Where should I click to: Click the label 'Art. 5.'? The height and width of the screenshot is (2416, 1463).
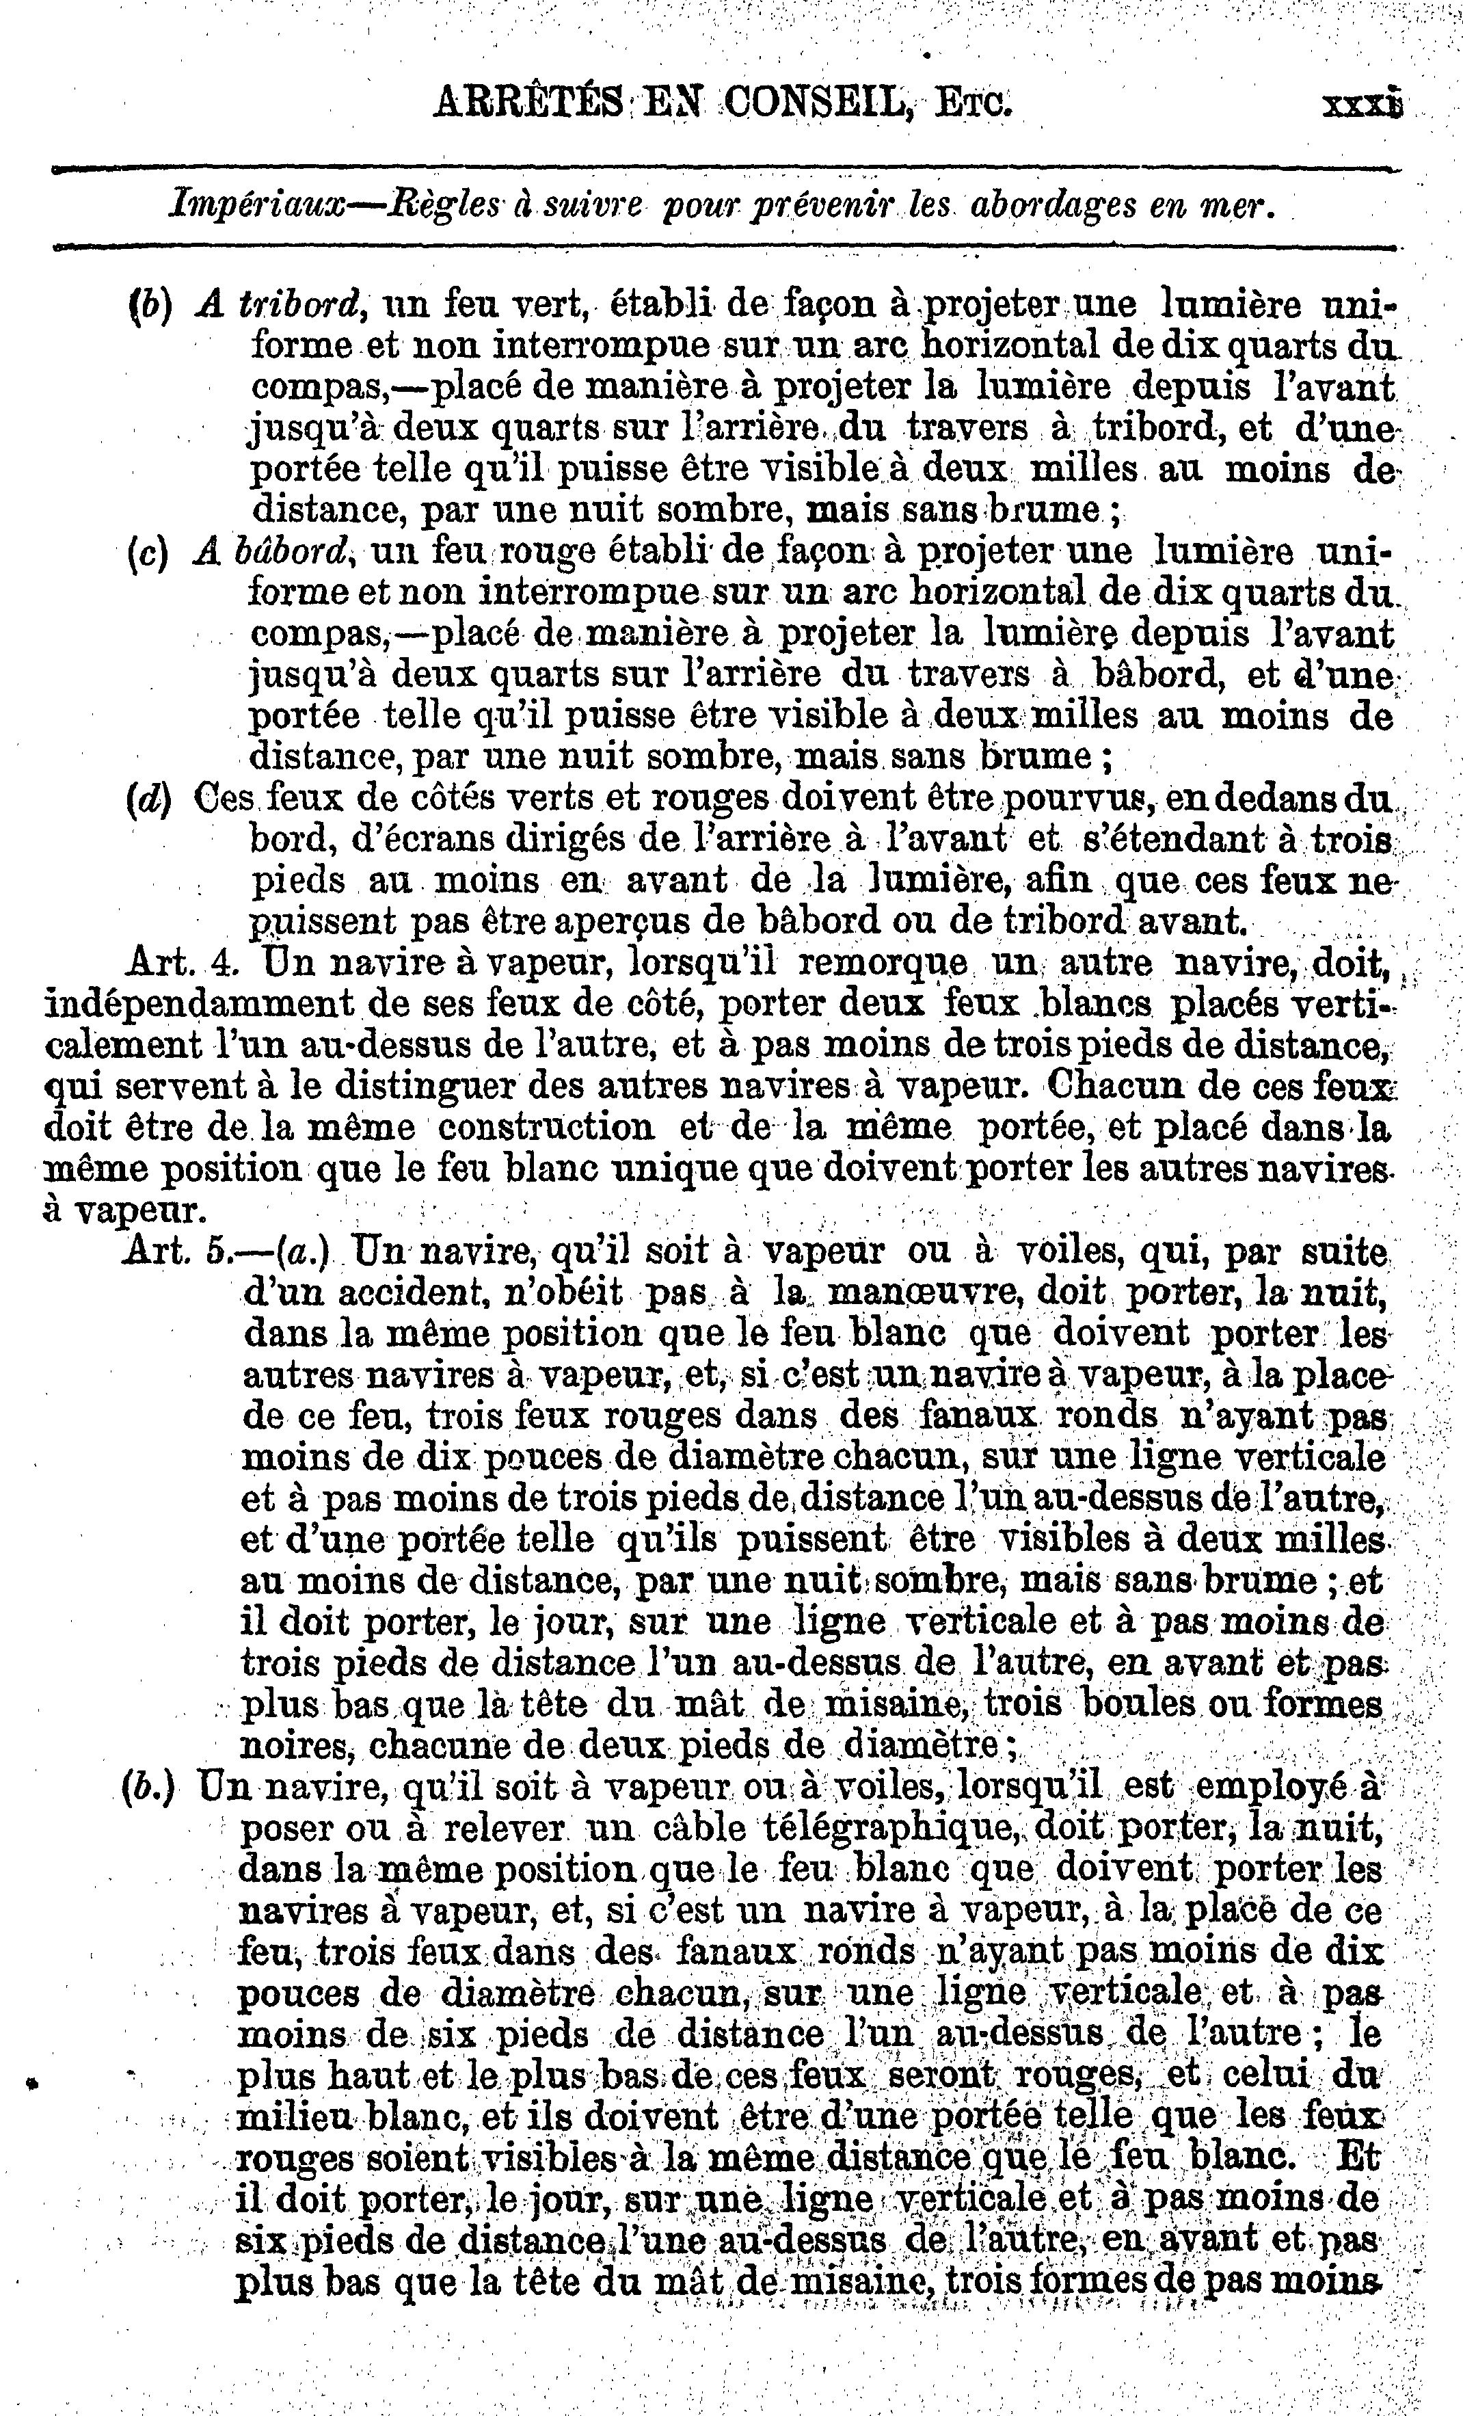[178, 1253]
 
